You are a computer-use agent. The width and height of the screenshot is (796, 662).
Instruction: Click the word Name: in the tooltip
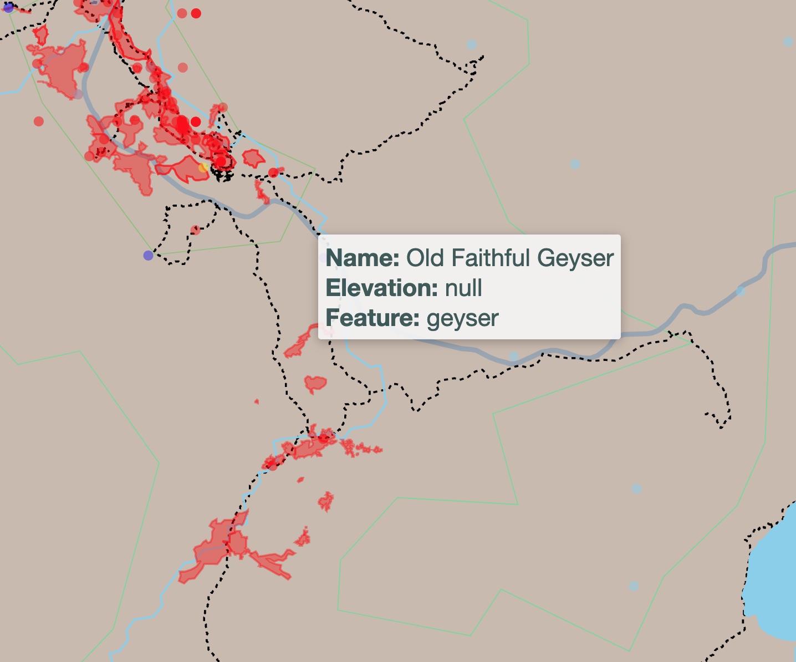(362, 258)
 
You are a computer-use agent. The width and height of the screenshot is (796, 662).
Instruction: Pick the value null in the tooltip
(463, 288)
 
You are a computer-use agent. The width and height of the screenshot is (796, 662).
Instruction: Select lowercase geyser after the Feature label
(463, 318)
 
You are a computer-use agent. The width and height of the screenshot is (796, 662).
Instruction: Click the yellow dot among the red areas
(203, 167)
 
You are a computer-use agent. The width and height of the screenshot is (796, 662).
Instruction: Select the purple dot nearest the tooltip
(148, 255)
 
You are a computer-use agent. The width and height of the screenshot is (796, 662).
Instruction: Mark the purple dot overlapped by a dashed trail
(8, 7)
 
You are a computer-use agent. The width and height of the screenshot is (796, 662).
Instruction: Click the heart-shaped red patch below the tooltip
(315, 383)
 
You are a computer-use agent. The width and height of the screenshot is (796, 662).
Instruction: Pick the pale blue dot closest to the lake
(634, 586)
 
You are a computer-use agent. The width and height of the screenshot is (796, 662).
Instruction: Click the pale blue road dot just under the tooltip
(514, 355)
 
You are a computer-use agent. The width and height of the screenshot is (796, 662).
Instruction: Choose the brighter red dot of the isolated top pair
(196, 13)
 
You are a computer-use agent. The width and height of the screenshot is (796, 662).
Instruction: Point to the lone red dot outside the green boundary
(38, 121)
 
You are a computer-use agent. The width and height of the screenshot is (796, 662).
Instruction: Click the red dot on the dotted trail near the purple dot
(195, 230)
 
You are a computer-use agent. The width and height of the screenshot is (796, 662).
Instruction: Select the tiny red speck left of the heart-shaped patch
(256, 401)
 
